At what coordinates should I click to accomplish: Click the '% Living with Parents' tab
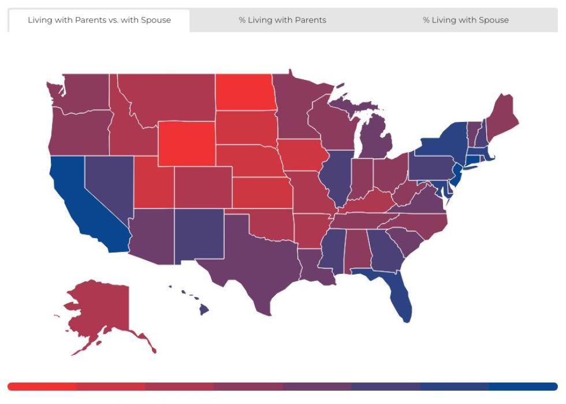pyautogui.click(x=282, y=20)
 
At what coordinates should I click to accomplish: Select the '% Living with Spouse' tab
pyautogui.click(x=466, y=20)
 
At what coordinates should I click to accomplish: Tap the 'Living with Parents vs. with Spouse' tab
pyautogui.click(x=99, y=20)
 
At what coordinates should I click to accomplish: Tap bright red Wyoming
pyautogui.click(x=186, y=143)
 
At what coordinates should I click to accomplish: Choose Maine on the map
pyautogui.click(x=502, y=116)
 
